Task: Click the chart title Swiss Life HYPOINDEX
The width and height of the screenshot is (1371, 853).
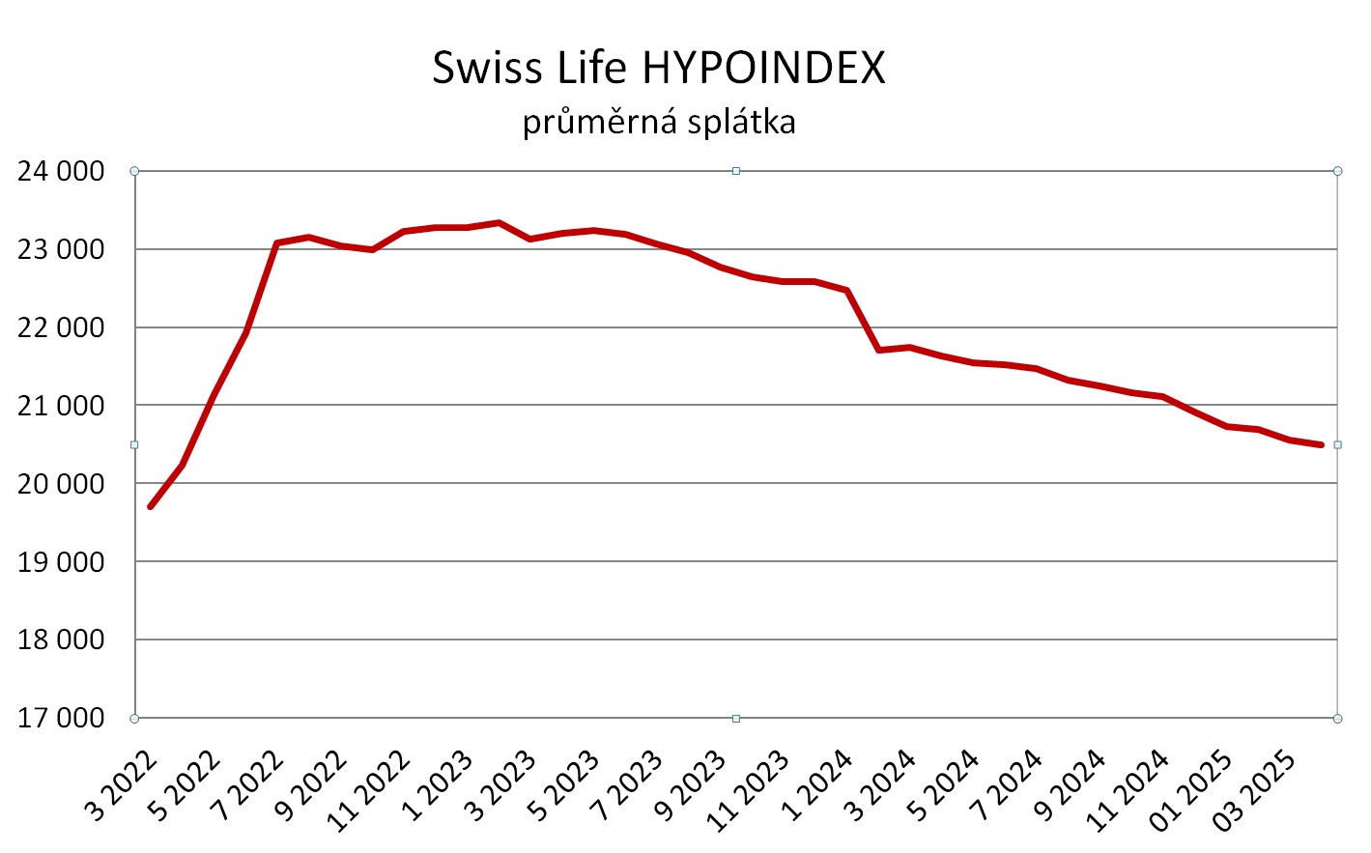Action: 658,68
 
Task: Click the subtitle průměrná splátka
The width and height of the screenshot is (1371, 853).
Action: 659,123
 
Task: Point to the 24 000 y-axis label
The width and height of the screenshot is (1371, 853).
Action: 61,172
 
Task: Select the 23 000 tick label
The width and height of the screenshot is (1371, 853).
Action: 61,250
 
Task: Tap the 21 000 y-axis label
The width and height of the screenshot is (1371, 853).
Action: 61,406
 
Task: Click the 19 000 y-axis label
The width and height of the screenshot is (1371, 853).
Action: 61,562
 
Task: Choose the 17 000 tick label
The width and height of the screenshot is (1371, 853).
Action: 61,719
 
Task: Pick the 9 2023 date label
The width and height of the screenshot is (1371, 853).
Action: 691,784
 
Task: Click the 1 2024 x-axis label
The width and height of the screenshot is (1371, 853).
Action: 817,784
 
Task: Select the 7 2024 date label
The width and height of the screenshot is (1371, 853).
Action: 1007,784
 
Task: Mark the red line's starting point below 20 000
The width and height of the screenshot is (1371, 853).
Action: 151,506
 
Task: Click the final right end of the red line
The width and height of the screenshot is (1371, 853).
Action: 1321,444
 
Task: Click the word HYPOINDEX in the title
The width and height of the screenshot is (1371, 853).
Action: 763,68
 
